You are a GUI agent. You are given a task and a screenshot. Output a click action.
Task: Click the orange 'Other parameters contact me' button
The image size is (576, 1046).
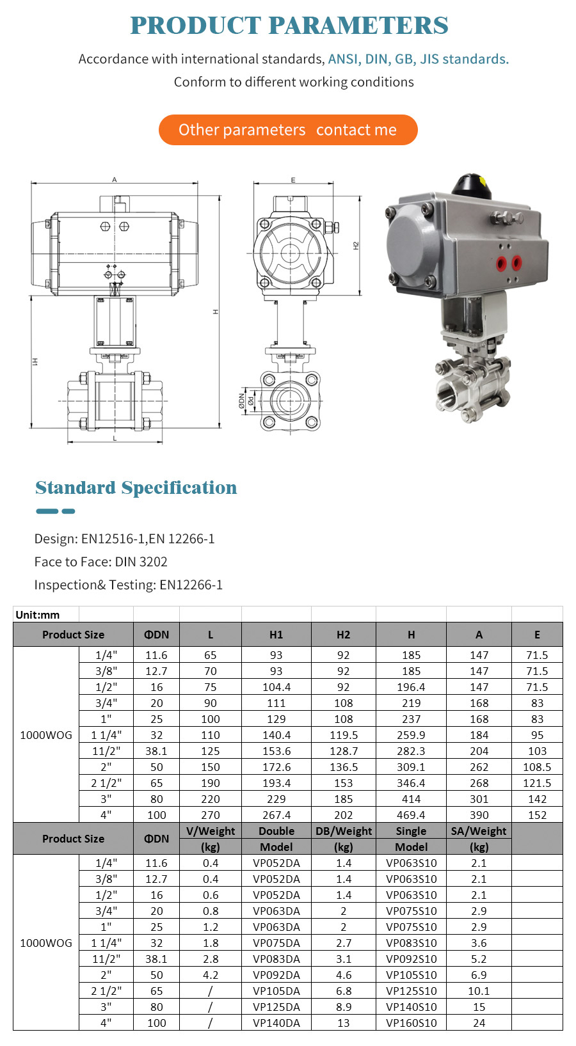(288, 130)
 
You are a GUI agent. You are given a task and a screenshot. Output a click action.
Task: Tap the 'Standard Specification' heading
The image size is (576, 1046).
(136, 487)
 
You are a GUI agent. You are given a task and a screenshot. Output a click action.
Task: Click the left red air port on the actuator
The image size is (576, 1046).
(501, 262)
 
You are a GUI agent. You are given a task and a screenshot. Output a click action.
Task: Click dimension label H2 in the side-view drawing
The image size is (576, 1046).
(356, 246)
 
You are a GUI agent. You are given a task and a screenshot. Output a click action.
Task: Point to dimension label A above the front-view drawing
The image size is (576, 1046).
(115, 180)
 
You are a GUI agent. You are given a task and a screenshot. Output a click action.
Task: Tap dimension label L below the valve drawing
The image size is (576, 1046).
(115, 439)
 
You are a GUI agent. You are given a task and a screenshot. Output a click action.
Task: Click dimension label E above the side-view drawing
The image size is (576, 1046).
(293, 180)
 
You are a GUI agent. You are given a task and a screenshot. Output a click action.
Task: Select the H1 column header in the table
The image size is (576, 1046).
(276, 635)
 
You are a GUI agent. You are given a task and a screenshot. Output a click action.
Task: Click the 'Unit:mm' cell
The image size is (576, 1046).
(38, 615)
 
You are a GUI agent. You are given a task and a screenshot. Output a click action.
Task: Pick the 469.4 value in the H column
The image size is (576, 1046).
(411, 815)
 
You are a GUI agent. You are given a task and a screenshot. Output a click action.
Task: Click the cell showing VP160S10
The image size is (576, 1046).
(411, 1023)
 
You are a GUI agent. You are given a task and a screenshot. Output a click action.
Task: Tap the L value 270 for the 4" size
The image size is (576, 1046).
(210, 815)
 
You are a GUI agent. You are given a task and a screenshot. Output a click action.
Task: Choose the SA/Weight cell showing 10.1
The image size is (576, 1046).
(479, 991)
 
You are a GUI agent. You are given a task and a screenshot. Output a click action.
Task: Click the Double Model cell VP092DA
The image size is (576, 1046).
(276, 975)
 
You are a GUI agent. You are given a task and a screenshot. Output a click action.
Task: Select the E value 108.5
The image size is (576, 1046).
(537, 767)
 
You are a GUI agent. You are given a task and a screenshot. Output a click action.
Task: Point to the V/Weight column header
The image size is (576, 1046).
(211, 831)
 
